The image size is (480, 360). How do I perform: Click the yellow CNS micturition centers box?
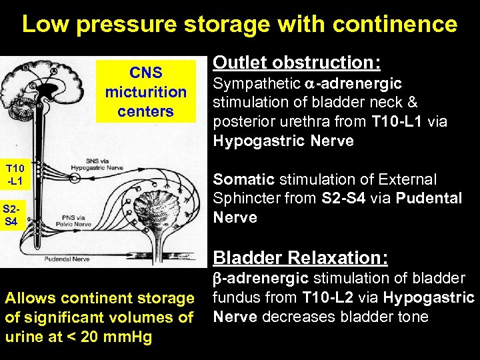coord(145,91)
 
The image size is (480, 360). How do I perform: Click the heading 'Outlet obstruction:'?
coord(297,63)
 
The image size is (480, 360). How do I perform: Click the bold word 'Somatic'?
coord(243,179)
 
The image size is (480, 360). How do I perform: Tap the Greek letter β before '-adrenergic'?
coord(217,279)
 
